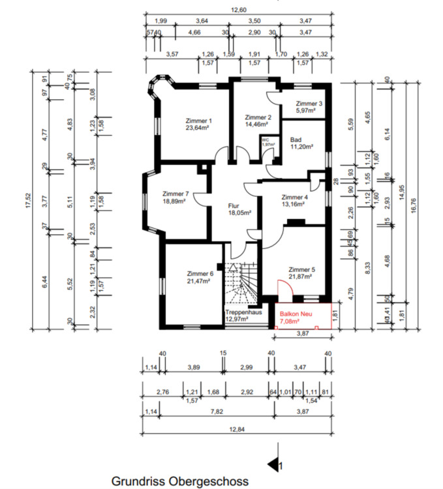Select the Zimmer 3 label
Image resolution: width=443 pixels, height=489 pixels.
[x=309, y=104]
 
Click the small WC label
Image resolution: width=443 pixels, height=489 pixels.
[x=266, y=140]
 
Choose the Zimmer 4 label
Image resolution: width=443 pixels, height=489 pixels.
[x=294, y=197]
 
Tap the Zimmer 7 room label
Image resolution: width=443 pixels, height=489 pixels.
[x=176, y=194]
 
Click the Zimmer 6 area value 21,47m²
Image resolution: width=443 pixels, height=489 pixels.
[x=200, y=281]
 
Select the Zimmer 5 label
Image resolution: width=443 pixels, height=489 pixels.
[x=301, y=269]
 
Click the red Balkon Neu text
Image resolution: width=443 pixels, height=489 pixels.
[x=294, y=314]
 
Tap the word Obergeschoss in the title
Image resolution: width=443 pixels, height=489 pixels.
[x=207, y=482]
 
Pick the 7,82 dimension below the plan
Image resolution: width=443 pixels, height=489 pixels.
[x=215, y=412]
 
